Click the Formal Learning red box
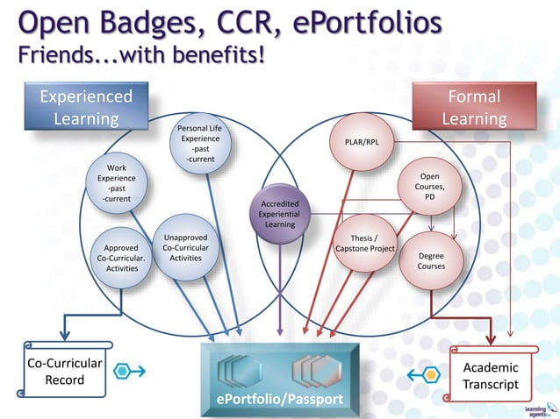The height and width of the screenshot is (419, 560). pyautogui.click(x=474, y=107)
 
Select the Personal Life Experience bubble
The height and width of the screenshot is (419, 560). pyautogui.click(x=200, y=144)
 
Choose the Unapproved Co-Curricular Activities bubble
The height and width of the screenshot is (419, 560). pyautogui.click(x=185, y=248)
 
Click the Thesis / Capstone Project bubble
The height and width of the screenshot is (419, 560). pyautogui.click(x=364, y=243)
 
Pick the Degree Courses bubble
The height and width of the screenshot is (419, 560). pyautogui.click(x=430, y=260)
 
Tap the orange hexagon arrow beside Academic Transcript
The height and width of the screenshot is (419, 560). pyautogui.click(x=425, y=374)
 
